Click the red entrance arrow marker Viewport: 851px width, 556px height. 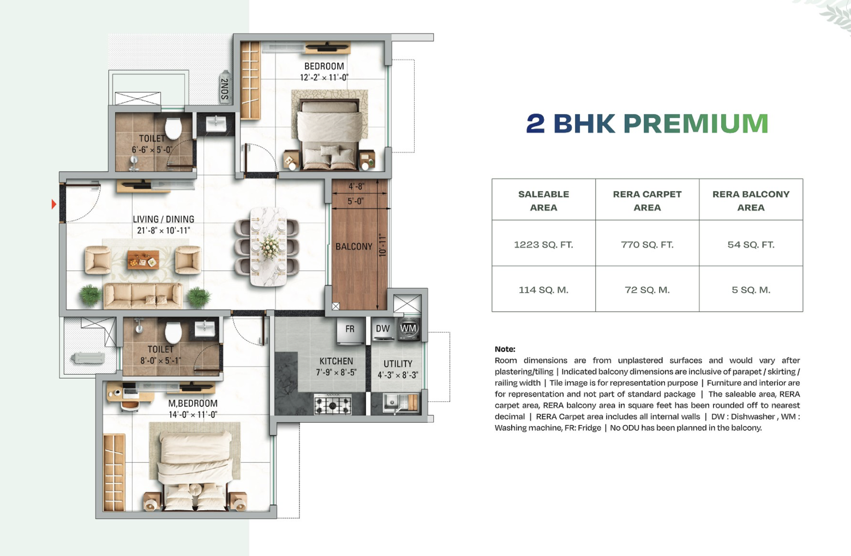54,204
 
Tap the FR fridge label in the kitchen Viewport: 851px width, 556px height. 350,329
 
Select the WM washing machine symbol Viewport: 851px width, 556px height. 409,328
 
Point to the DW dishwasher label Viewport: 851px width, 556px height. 382,328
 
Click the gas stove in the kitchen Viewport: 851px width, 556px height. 333,404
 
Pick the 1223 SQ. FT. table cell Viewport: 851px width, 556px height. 544,245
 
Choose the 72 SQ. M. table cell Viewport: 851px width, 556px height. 648,290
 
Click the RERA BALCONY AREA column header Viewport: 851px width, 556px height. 751,201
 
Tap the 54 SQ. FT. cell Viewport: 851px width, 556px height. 751,245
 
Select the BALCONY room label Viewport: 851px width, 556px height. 353,246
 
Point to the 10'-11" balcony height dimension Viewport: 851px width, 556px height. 382,245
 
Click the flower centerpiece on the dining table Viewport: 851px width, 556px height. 269,246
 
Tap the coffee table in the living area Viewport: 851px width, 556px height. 143,259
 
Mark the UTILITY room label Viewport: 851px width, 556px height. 398,364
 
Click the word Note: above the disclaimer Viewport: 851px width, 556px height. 505,349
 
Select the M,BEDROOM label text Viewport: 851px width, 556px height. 193,403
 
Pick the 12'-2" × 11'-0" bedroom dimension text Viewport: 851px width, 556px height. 324,78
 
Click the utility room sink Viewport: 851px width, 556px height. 391,401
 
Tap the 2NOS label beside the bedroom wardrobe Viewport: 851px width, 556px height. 225,89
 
